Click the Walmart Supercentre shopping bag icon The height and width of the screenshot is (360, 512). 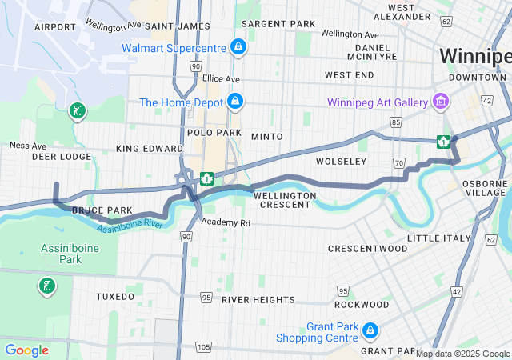(237, 47)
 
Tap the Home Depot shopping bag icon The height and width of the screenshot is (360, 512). (234, 102)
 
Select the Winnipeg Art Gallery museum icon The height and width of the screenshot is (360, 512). (439, 102)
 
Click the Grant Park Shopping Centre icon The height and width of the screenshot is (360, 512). (370, 330)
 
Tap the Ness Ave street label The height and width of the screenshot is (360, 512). (28, 146)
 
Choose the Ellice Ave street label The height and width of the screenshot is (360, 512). (221, 79)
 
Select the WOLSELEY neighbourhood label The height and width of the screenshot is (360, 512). (341, 162)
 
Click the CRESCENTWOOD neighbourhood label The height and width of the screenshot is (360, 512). (368, 249)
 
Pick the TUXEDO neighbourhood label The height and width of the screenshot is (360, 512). (115, 296)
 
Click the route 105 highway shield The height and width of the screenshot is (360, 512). (203, 346)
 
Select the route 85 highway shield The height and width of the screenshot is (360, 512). (396, 122)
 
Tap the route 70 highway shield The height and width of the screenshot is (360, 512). (398, 163)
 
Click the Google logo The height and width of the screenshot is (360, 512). (26, 350)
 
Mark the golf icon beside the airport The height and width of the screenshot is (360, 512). (77, 111)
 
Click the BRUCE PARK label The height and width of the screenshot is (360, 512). (102, 210)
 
